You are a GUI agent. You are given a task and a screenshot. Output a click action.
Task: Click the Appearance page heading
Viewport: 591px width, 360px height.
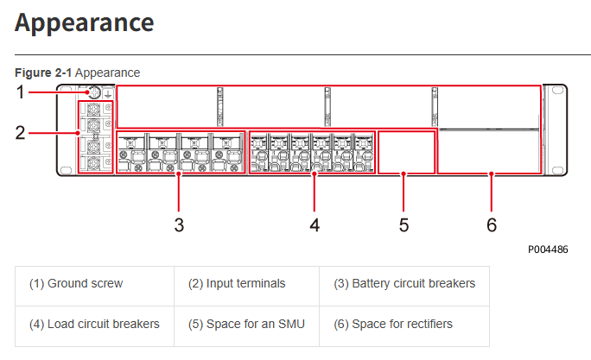coord(85,23)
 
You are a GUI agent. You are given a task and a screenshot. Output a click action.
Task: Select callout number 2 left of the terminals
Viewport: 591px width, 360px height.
coord(21,133)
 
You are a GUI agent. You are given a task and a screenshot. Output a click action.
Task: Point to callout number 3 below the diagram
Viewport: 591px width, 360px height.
coord(179,225)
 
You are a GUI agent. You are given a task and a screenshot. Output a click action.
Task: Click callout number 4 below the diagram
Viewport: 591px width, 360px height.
coord(315,225)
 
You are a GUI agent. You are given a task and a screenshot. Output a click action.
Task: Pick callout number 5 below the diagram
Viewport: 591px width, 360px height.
coord(404,225)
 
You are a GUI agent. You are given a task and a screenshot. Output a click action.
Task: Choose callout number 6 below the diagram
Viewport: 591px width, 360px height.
coord(492,225)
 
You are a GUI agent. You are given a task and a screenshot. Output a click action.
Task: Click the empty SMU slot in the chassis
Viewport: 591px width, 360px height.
coord(404,152)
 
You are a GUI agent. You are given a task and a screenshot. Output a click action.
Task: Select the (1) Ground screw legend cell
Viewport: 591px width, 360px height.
coord(76,283)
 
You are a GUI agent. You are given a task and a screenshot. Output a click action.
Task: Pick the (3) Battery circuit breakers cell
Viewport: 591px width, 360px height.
coord(404,283)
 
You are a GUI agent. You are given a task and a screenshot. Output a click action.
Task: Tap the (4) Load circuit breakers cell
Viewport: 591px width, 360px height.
coord(94,324)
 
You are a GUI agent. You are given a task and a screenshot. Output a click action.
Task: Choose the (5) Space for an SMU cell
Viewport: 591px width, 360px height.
coord(247,324)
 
